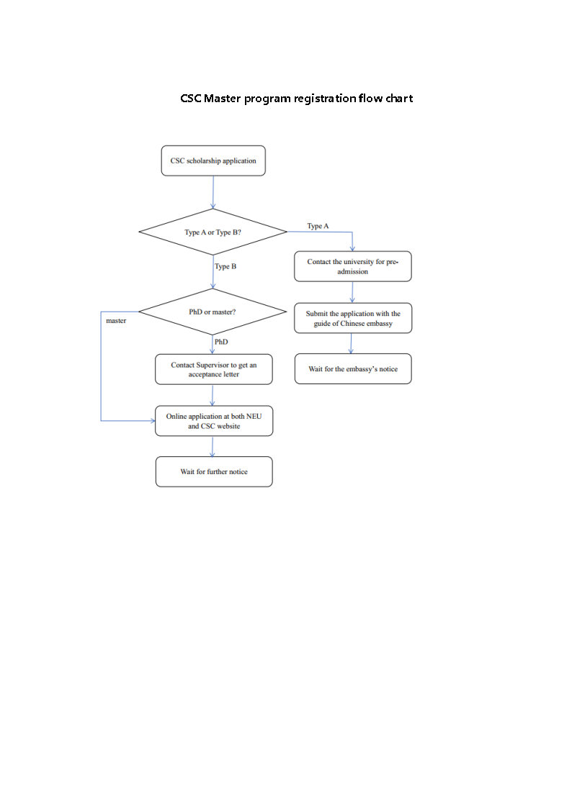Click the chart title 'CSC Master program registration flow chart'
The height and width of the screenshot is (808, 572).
pos(296,99)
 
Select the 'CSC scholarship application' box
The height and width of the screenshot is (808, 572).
pos(213,161)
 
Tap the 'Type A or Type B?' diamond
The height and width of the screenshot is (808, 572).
pos(213,232)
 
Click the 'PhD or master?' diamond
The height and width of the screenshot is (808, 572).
pos(213,312)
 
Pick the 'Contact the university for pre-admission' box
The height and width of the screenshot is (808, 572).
pos(353,267)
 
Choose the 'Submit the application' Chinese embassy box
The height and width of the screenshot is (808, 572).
pos(353,319)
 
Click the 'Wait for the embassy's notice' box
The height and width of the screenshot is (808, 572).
pos(353,369)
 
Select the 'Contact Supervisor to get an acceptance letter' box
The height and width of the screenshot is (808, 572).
pos(214,370)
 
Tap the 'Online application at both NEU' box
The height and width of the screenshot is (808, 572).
pos(214,421)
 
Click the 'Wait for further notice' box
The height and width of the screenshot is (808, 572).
pos(214,472)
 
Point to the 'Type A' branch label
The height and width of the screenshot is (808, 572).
pos(318,226)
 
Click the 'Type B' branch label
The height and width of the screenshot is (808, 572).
pos(225,267)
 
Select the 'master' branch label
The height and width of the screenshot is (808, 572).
pos(116,321)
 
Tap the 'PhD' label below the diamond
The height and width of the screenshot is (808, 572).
pos(221,342)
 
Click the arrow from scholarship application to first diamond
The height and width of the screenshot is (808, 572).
pos(213,192)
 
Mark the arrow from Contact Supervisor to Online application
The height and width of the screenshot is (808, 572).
pos(213,396)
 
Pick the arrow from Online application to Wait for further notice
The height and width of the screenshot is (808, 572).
pos(213,446)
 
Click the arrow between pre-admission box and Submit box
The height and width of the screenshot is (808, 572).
pos(352,292)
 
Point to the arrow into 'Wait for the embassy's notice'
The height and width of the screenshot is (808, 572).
pos(352,343)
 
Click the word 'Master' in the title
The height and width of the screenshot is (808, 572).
pos(222,99)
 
